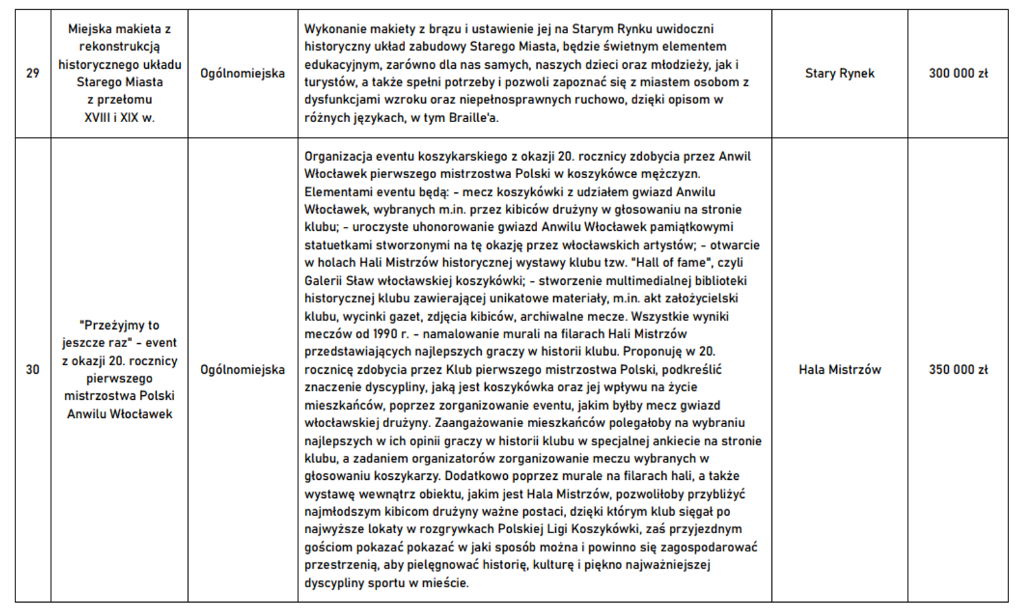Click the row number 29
click(x=33, y=73)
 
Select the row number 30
click(x=33, y=370)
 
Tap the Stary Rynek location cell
click(x=839, y=73)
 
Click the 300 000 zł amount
click(x=958, y=73)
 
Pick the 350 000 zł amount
click(x=958, y=370)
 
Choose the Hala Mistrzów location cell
click(x=839, y=370)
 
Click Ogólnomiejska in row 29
click(x=242, y=73)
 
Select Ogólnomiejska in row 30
click(x=242, y=370)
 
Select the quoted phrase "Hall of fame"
click(x=669, y=263)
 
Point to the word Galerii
click(x=323, y=281)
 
